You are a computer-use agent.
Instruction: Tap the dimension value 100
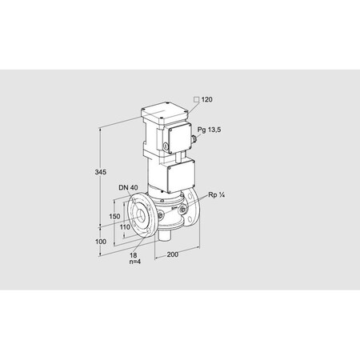tap(101, 241)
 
